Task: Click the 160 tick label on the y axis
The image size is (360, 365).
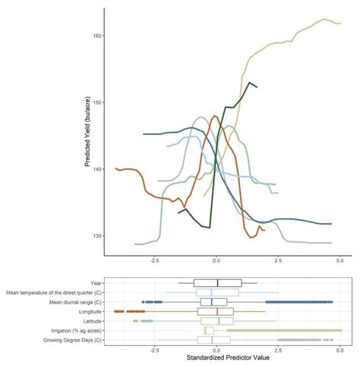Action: tap(96, 36)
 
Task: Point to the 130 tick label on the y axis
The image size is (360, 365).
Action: tap(96, 236)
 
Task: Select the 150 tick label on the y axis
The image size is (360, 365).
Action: tap(96, 102)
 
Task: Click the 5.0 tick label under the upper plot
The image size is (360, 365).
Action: tap(339, 260)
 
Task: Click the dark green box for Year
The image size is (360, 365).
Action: tap(217, 283)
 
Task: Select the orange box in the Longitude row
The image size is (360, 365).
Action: tap(215, 311)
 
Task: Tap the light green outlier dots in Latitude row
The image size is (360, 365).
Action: tap(137, 321)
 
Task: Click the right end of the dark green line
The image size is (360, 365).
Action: tap(257, 87)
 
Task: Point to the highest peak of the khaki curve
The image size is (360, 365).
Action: tap(324, 20)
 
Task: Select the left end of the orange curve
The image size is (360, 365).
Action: tap(115, 168)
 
